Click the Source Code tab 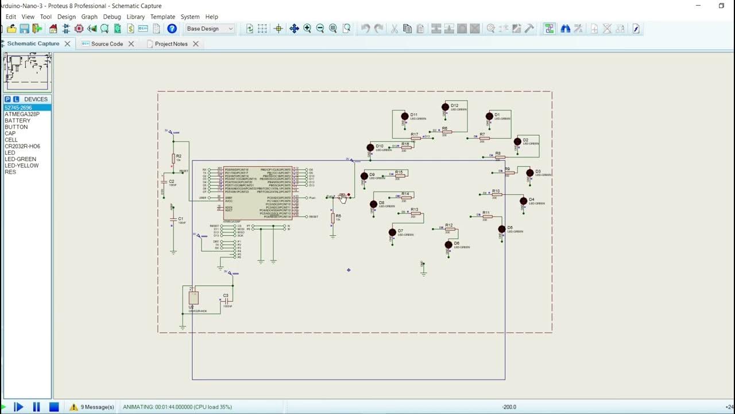(x=107, y=44)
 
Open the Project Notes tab (x=171, y=44)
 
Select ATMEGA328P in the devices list (x=22, y=114)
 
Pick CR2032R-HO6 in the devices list (x=22, y=146)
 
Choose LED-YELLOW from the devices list (x=22, y=166)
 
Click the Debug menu (x=112, y=17)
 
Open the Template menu (x=163, y=17)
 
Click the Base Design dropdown (x=210, y=29)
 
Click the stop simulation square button (x=54, y=407)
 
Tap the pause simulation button (x=36, y=407)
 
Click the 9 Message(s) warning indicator (x=92, y=407)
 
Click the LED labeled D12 (x=445, y=108)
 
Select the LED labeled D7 (x=392, y=233)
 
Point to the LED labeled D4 (x=523, y=201)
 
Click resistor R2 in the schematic (x=173, y=158)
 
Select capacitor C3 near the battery (x=226, y=300)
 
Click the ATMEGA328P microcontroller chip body (x=257, y=193)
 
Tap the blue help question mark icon (x=172, y=29)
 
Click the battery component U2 (x=194, y=298)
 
